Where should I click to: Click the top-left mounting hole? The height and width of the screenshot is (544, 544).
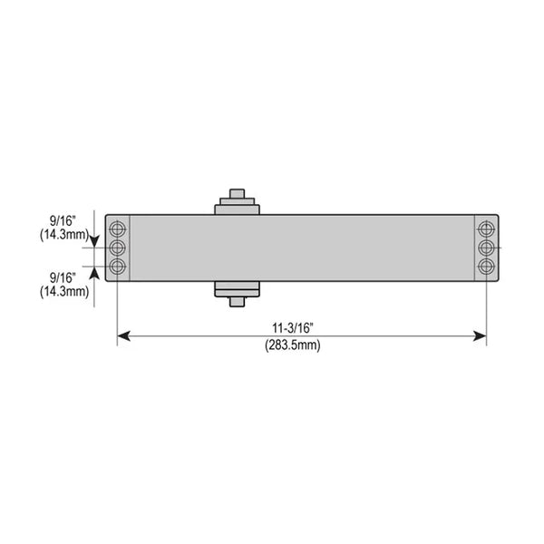pos(117,228)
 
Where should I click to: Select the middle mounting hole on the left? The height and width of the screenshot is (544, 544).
pos(117,247)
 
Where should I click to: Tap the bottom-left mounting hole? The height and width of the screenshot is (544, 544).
pos(117,267)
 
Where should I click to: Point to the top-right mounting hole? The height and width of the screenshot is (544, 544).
pos(486,228)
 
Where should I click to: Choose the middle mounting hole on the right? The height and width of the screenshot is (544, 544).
pos(486,247)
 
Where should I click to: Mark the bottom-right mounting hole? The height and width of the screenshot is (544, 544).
pos(486,267)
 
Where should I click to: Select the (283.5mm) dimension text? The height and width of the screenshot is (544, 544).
pos(292,345)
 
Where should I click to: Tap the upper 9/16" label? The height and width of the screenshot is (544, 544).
pos(63,220)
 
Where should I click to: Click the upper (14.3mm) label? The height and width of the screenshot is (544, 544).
pos(63,234)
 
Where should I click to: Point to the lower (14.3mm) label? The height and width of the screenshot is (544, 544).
pos(63,291)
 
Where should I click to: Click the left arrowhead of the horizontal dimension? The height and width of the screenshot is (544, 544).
pos(123,336)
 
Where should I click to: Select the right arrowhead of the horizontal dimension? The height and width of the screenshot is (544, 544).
pos(481,336)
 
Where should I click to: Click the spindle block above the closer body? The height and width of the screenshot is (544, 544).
pos(238,208)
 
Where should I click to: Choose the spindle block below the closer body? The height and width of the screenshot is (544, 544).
pos(238,288)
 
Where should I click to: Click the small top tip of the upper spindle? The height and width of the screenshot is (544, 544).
pos(238,192)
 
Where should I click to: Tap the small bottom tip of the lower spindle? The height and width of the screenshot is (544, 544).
pos(238,302)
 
